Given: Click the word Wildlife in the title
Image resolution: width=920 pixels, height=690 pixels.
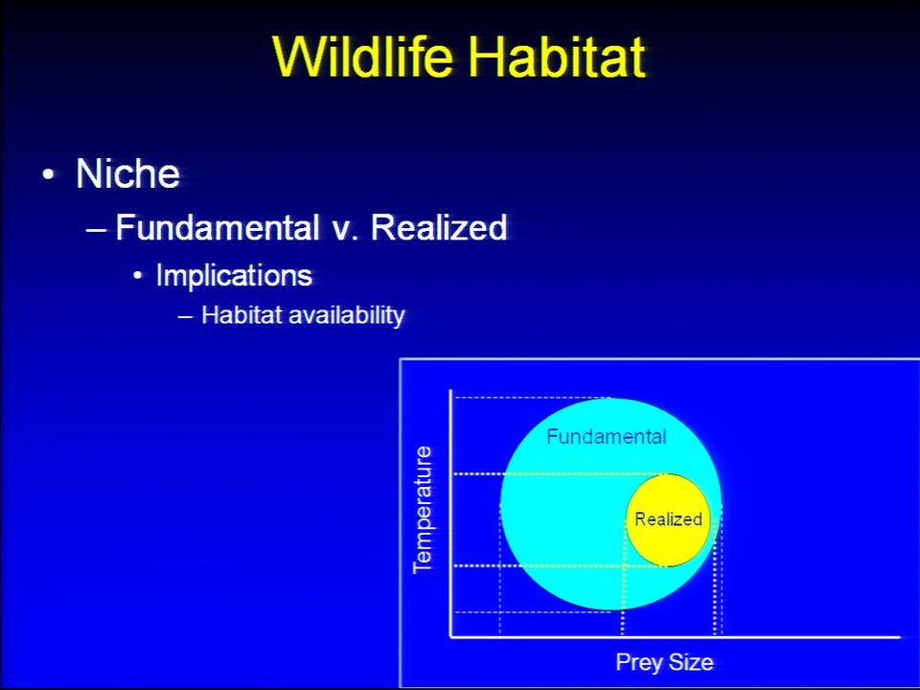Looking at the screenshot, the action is pyautogui.click(x=363, y=57).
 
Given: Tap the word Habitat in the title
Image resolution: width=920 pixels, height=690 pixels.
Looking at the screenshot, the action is pyautogui.click(x=557, y=57).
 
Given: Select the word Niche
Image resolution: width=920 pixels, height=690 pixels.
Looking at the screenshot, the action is pyautogui.click(x=127, y=173).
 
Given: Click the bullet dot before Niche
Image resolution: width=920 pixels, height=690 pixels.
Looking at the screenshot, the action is pyautogui.click(x=48, y=174).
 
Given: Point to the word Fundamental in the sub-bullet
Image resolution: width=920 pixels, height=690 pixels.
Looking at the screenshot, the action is pyautogui.click(x=218, y=227).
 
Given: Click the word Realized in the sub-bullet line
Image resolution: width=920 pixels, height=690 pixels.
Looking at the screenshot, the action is pyautogui.click(x=439, y=227).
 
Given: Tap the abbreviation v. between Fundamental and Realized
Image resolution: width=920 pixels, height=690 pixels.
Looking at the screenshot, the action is pyautogui.click(x=345, y=231).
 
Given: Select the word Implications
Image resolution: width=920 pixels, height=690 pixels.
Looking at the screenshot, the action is pyautogui.click(x=234, y=275).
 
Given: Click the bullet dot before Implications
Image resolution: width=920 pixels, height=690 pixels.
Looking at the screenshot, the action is pyautogui.click(x=137, y=275).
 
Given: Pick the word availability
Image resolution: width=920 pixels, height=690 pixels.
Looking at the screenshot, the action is pyautogui.click(x=347, y=315).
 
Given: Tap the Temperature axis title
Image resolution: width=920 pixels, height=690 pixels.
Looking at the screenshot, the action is pyautogui.click(x=423, y=510).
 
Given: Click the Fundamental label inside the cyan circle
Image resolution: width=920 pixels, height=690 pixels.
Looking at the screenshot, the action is pyautogui.click(x=606, y=437).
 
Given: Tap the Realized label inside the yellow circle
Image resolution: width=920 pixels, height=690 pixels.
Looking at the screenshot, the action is pyautogui.click(x=668, y=519).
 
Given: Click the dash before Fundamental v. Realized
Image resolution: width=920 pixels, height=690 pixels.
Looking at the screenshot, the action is pyautogui.click(x=96, y=229).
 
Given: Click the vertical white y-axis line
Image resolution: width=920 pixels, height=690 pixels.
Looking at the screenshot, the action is pyautogui.click(x=450, y=513).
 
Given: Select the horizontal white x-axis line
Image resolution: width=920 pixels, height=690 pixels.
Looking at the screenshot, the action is pyautogui.click(x=675, y=636).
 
